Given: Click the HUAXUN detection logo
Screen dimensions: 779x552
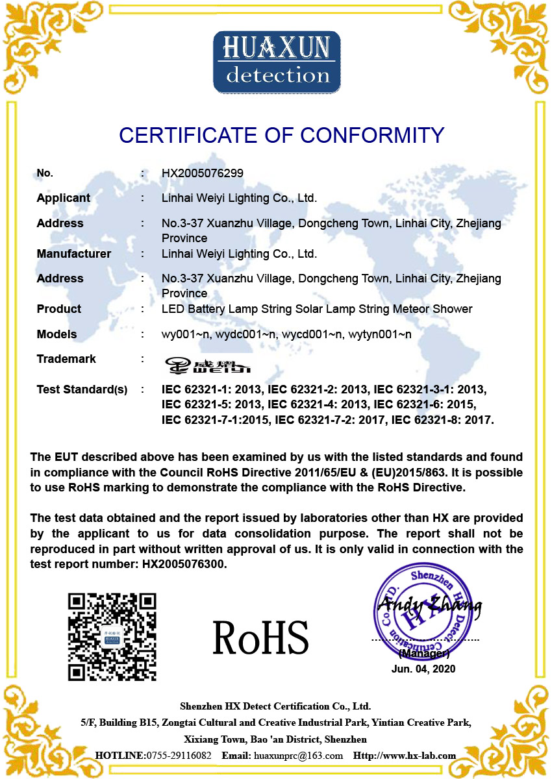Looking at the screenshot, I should [x=277, y=62].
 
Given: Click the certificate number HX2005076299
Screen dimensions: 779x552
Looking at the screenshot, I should [x=203, y=173].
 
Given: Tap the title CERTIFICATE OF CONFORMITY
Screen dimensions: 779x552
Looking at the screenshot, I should [x=281, y=135].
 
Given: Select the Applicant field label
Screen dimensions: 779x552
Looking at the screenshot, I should [x=64, y=198].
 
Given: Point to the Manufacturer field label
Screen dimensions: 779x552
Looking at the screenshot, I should [x=74, y=254].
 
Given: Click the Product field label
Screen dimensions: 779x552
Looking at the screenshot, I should [x=59, y=309].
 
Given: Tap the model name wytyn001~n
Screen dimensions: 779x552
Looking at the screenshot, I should [x=380, y=334].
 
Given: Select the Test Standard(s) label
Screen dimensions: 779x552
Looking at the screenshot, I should [x=82, y=389].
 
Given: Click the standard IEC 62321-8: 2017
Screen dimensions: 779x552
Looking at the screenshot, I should [x=442, y=420].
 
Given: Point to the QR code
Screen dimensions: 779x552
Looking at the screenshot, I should [x=112, y=636].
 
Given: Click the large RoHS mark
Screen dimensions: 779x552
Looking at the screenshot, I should [x=260, y=637].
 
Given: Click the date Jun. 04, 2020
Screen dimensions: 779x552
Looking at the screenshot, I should [x=423, y=669].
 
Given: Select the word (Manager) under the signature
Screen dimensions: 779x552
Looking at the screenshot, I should [x=423, y=654].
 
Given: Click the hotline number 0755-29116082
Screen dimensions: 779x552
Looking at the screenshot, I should [x=179, y=756].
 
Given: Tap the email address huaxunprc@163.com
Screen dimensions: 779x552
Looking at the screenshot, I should [x=298, y=756].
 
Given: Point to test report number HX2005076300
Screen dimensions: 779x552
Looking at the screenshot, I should [x=184, y=564].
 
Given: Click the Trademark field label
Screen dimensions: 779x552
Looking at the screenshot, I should [x=66, y=359].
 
